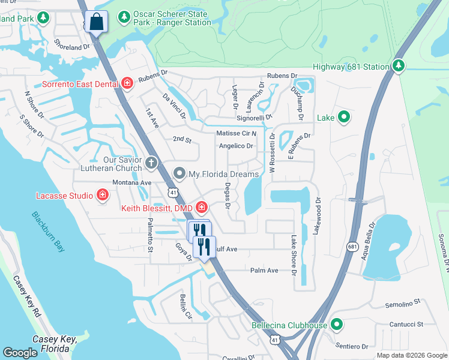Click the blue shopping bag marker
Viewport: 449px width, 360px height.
pos(96,22)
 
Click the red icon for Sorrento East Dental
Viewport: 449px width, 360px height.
pos(127,83)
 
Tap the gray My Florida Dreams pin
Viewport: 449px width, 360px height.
pos(179,174)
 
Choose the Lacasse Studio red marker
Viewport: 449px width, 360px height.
pos(103,195)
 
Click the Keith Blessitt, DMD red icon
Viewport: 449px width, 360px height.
pos(202,208)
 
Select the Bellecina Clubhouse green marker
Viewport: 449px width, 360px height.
pos(337,325)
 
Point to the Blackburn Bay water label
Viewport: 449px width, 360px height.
pos(48,232)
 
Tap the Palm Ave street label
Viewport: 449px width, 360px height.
pos(264,271)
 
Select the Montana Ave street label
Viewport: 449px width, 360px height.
pos(131,182)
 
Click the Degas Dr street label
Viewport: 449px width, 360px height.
pos(228,196)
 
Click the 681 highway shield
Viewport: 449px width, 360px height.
pos(353,247)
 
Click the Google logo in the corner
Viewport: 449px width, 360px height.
pos(20,352)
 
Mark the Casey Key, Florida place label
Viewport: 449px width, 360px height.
pos(55,343)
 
